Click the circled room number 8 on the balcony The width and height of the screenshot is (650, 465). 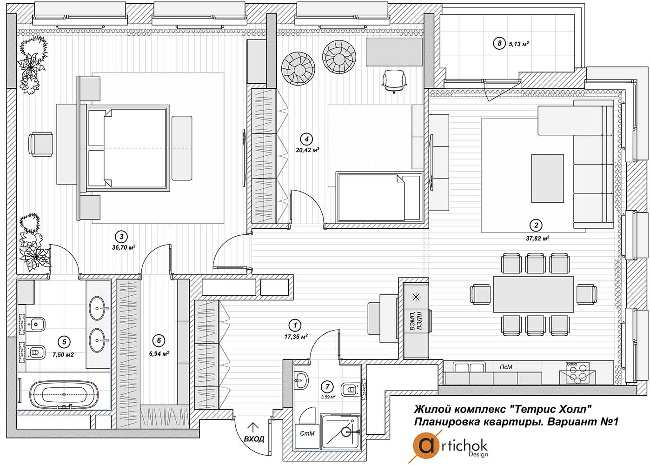[x=499, y=44]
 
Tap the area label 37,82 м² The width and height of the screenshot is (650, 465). [x=537, y=238]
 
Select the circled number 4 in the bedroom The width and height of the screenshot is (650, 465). [x=306, y=139]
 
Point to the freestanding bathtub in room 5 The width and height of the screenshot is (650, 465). [x=65, y=395]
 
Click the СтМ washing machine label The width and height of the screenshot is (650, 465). [x=307, y=433]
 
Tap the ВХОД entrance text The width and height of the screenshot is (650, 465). [x=254, y=439]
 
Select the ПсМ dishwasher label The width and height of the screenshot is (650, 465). [x=506, y=367]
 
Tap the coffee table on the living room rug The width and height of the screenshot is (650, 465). [x=547, y=178]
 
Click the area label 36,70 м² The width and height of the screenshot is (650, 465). [x=124, y=247]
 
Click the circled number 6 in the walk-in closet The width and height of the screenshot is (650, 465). [x=159, y=340]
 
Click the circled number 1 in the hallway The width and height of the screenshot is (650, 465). [x=295, y=325]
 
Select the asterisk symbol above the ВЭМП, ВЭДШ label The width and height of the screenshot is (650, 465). [x=416, y=297]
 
